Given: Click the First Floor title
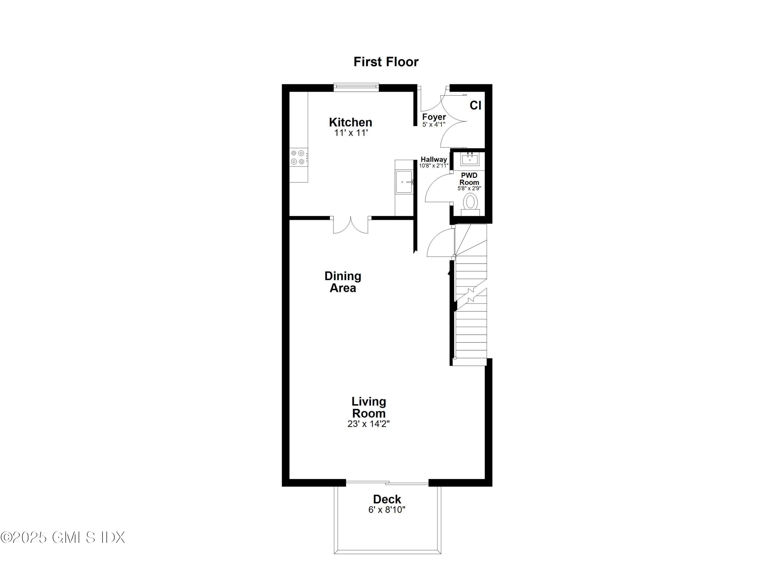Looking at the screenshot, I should [x=386, y=62].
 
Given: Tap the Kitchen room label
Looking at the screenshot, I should [x=350, y=122].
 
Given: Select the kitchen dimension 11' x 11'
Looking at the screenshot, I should [x=350, y=133].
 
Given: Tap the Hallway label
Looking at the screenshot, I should [x=433, y=160].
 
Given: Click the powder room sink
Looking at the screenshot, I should [x=470, y=159].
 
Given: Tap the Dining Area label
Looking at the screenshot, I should [x=343, y=282].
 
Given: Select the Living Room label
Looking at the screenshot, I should [x=369, y=407].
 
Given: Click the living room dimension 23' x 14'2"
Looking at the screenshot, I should [x=369, y=424].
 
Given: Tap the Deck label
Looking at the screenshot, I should [x=387, y=499].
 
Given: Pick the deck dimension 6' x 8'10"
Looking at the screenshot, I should [x=387, y=510].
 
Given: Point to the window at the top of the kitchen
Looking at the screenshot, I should [x=356, y=88].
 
